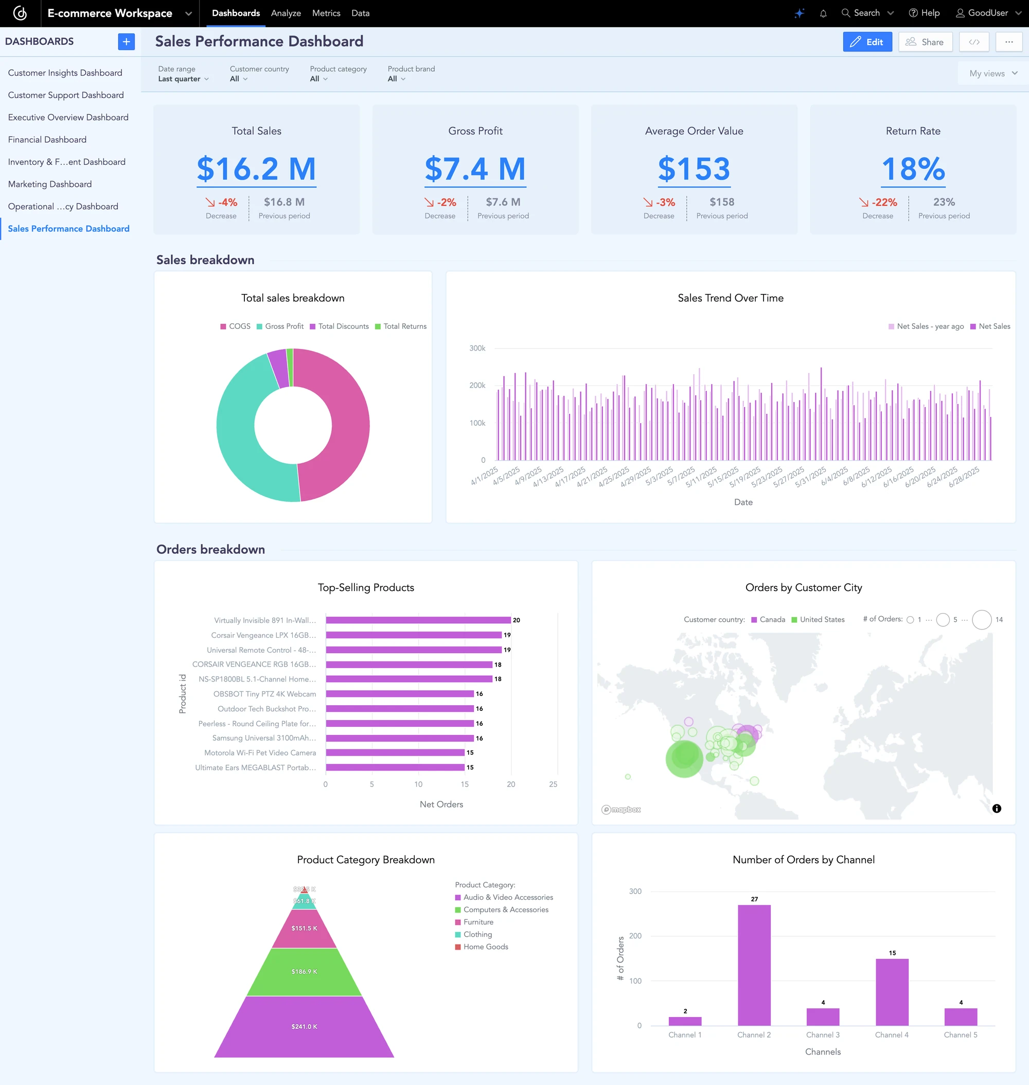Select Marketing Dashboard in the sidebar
coord(50,184)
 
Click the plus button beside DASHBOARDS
coord(126,42)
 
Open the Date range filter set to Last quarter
coord(183,78)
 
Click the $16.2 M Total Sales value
coord(256,168)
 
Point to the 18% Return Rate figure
coord(913,168)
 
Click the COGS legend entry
coord(235,326)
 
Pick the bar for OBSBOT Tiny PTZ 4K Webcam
coord(399,694)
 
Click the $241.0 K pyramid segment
coord(304,1026)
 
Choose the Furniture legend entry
coord(478,922)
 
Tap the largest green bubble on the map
coord(684,759)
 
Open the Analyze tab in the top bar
coord(286,13)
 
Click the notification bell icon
coord(823,13)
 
